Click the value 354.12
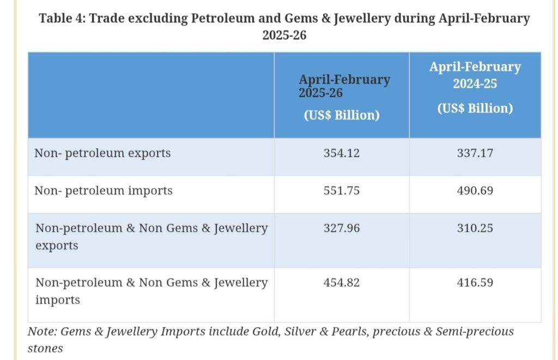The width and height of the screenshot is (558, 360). (342, 154)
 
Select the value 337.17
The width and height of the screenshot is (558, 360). (475, 154)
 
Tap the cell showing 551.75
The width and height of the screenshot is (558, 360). (342, 191)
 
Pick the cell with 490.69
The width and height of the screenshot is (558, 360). (475, 191)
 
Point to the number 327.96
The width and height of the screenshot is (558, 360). (342, 228)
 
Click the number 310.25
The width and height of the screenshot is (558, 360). (475, 228)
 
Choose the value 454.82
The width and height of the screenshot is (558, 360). (342, 282)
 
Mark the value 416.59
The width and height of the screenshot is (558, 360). (475, 282)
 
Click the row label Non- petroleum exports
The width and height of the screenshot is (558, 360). (102, 154)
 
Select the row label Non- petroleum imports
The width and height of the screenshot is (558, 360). (104, 191)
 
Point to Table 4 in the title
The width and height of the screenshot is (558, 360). (60, 19)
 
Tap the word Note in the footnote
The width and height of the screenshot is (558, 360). (41, 331)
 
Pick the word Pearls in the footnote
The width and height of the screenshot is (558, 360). (347, 331)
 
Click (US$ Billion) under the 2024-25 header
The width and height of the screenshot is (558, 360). (475, 108)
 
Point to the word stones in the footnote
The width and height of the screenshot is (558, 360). (45, 348)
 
